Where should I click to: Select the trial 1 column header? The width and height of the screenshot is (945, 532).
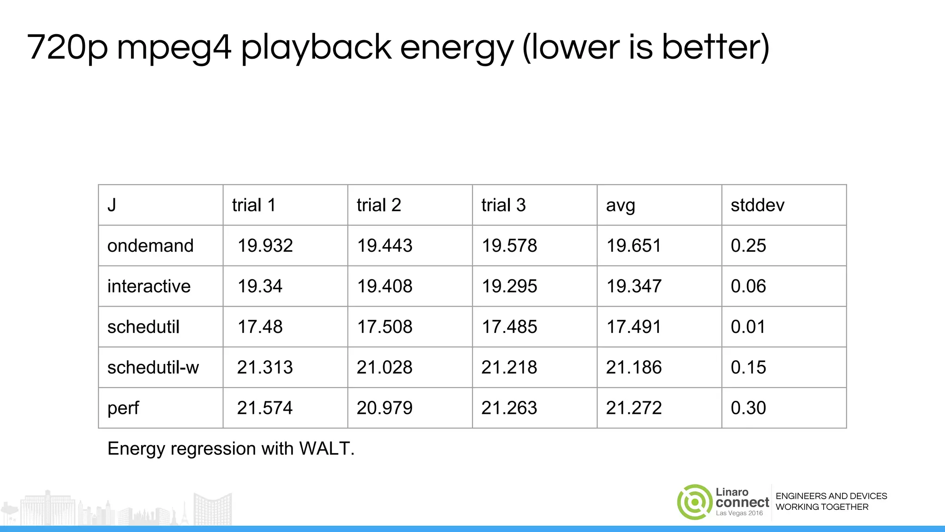pos(254,205)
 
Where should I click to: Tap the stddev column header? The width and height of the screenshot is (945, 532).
pos(757,205)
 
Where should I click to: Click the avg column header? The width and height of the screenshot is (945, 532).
pos(620,206)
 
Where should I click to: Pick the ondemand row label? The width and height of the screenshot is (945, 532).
pos(150,246)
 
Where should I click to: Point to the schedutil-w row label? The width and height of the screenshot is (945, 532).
pos(153,368)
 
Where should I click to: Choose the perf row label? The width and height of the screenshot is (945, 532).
pos(123,408)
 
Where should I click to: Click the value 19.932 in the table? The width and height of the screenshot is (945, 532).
pos(265,246)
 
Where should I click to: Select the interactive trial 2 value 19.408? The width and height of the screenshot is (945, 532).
pos(384,286)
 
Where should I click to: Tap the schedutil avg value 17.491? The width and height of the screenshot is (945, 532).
pos(634,327)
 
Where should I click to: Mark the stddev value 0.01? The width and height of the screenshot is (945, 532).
pos(748,327)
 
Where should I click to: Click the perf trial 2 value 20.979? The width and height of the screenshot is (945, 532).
pos(384,408)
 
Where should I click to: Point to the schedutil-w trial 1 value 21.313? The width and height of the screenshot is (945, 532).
pos(265,368)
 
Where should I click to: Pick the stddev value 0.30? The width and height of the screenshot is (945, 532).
pos(748,408)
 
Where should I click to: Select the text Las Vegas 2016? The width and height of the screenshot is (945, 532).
pos(739,513)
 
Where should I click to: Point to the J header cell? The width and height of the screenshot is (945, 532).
pos(112,205)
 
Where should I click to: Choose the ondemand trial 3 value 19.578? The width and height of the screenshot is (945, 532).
pos(509,246)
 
